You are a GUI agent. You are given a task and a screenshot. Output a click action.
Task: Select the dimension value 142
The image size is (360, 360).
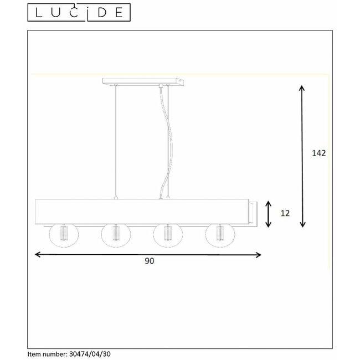[x=317, y=153]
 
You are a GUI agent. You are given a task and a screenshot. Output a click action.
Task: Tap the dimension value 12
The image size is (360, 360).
[x=285, y=213]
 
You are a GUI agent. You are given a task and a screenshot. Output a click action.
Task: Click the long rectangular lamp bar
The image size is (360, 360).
[x=142, y=211]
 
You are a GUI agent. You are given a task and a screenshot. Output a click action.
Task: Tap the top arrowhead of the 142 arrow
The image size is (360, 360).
[x=302, y=88]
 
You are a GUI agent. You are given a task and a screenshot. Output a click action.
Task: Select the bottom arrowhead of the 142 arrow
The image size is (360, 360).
[x=302, y=224]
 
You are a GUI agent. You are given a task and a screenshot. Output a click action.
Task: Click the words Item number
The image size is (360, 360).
[x=47, y=352]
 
